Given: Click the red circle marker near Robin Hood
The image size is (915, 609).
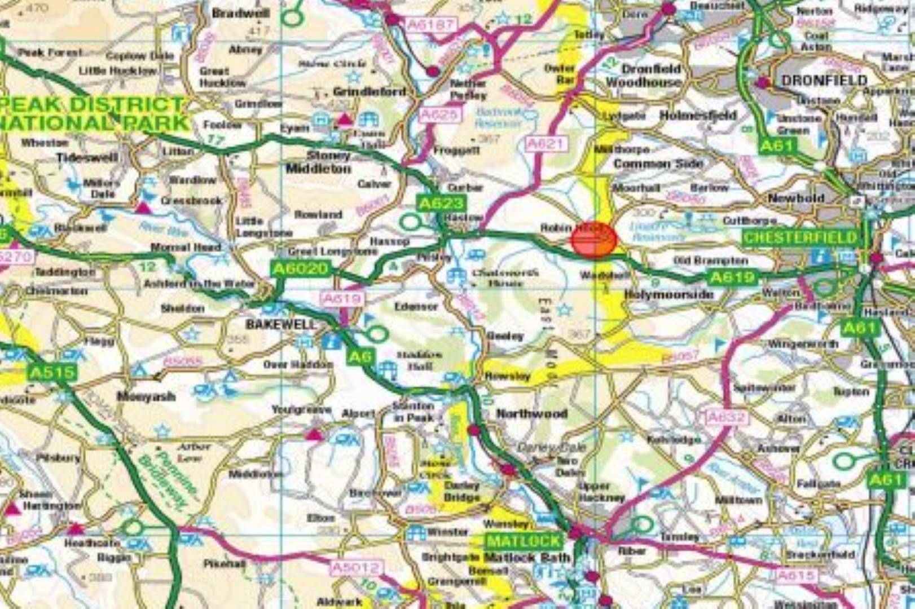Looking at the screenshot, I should [x=593, y=240].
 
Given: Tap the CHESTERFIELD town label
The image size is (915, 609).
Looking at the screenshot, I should [x=800, y=237].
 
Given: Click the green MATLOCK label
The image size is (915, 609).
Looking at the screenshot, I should [x=524, y=541].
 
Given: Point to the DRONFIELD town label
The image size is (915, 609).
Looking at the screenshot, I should [x=824, y=81].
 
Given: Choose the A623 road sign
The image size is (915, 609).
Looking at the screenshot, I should [x=441, y=203].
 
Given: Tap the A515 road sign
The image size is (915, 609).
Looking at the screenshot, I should [x=52, y=372].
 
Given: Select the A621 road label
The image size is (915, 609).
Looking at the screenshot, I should [x=546, y=144].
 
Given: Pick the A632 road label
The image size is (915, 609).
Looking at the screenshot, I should [x=727, y=418].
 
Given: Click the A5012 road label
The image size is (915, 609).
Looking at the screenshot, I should [x=357, y=567].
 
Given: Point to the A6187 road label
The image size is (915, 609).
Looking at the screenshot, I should [x=430, y=24].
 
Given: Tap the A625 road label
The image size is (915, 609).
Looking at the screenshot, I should [x=440, y=115].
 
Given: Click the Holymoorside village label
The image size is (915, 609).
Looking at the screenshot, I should [x=668, y=294].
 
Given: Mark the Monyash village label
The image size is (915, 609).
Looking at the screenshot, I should [x=146, y=396].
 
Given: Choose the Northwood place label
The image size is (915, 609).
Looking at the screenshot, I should [x=531, y=414].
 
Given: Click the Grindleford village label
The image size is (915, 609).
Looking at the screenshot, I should [x=369, y=91].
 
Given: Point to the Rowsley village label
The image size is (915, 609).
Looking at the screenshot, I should [x=507, y=376].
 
